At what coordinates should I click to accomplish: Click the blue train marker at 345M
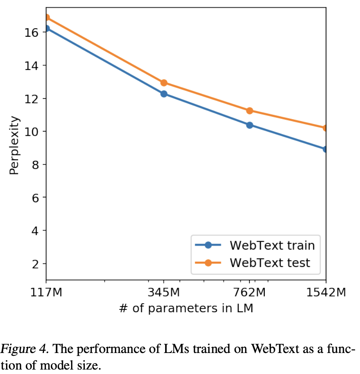point(164,94)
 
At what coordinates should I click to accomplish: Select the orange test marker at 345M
point(164,83)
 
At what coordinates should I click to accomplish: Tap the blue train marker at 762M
point(249,125)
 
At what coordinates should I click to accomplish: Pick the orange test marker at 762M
point(249,111)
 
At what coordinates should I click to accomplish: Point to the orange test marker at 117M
point(46,17)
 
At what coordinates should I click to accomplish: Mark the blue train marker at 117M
point(46,28)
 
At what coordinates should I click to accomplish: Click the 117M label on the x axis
point(46,293)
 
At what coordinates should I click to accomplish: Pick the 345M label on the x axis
point(164,293)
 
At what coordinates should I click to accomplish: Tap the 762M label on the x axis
point(249,293)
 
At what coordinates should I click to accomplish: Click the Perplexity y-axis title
point(15,145)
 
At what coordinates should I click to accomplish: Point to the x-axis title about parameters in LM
point(186,309)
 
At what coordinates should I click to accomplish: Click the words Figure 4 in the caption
point(20,349)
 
